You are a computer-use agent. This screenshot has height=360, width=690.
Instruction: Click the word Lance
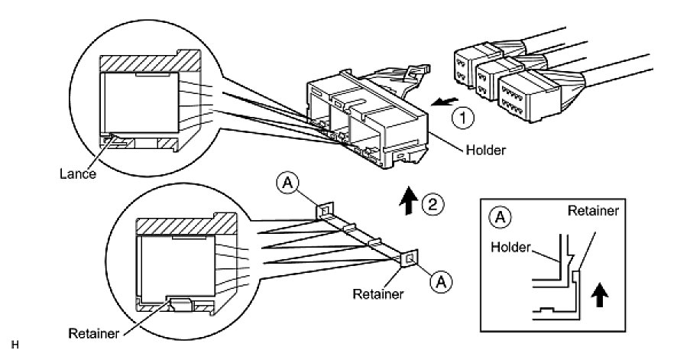point(79,174)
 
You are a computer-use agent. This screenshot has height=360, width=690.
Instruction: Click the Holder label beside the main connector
point(484,150)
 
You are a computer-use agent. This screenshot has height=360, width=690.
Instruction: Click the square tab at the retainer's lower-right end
point(409,260)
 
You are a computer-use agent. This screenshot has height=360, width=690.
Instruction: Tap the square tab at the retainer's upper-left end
point(324,209)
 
